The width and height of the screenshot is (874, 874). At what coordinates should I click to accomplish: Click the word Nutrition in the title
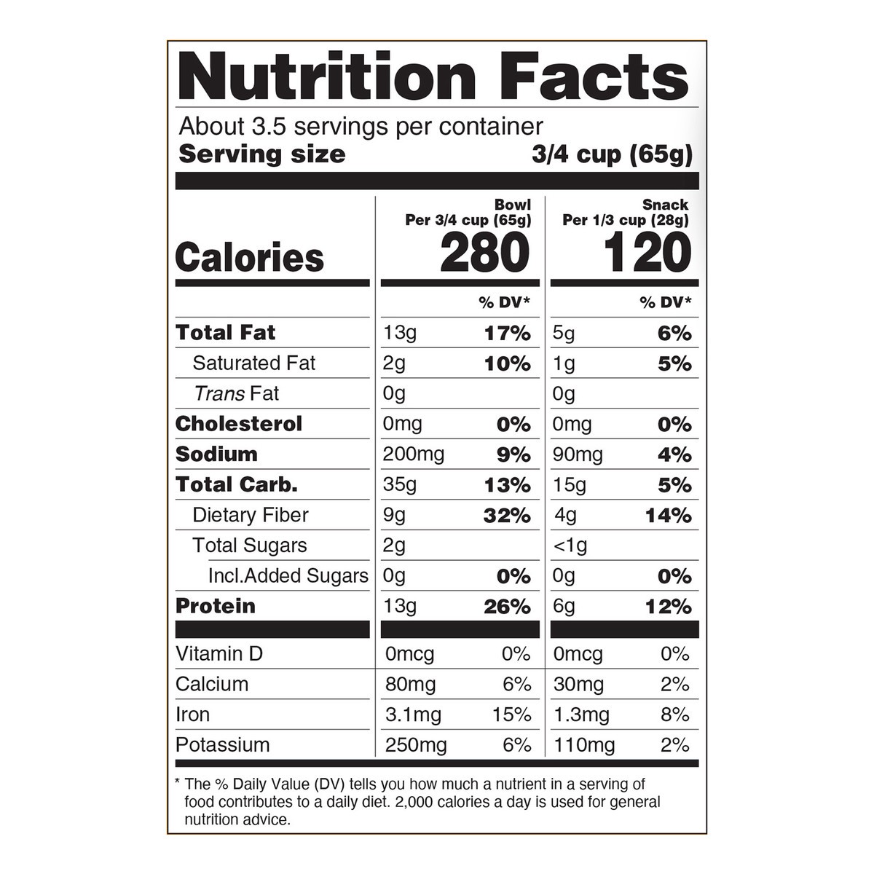tap(327, 76)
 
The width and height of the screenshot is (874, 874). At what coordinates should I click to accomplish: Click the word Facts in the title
tap(597, 76)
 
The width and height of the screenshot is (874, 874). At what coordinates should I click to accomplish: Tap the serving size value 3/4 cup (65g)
tap(612, 154)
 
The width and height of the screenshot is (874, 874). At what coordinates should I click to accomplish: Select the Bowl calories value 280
tap(484, 253)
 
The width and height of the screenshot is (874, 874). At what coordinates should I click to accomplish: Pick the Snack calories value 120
tap(647, 253)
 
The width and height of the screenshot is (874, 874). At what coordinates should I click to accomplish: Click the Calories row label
tap(250, 258)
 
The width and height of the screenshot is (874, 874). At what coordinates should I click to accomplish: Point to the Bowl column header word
tap(513, 205)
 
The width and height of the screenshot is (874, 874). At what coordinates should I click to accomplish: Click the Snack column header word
tap(665, 205)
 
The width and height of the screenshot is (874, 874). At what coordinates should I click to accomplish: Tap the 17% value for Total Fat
tap(508, 334)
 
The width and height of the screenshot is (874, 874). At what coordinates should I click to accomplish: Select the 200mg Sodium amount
tap(414, 454)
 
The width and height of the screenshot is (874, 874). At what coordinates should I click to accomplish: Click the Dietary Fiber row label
tap(251, 515)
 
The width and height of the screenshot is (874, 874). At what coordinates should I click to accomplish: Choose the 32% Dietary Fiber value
tap(507, 516)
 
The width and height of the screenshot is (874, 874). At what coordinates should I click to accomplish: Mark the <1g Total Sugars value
tap(570, 546)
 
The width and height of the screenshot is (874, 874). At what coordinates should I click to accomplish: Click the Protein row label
tap(216, 606)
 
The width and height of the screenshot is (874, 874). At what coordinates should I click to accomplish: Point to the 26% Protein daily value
tap(507, 607)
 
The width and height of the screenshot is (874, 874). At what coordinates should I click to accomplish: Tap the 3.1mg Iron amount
tap(413, 715)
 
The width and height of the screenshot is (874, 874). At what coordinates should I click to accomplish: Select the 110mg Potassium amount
tap(584, 745)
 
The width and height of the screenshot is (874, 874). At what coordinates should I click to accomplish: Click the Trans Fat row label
tap(237, 394)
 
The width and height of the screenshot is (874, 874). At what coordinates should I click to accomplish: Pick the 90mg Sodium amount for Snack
tap(578, 455)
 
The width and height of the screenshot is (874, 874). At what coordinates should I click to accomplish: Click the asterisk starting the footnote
tap(178, 783)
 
